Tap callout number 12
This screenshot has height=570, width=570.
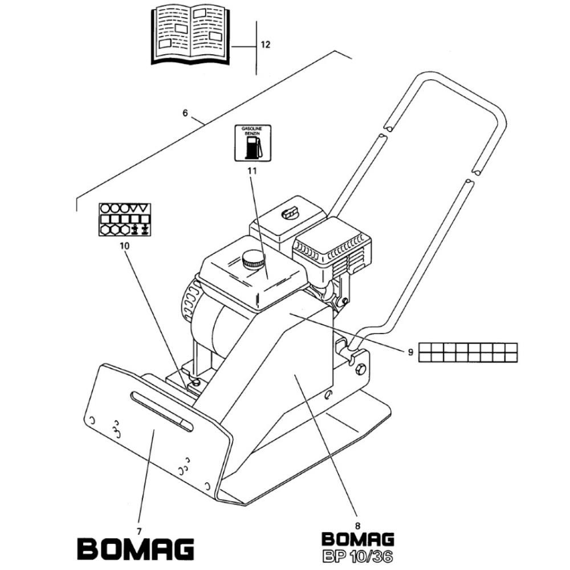(x=266, y=44)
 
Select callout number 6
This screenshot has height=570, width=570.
(x=185, y=113)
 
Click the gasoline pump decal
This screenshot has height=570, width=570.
(x=250, y=142)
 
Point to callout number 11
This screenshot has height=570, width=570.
(x=251, y=170)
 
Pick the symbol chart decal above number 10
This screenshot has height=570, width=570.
(x=124, y=219)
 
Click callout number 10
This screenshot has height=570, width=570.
(x=125, y=246)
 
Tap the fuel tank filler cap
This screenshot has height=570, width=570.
(x=253, y=261)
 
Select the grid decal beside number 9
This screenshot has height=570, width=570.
(x=468, y=352)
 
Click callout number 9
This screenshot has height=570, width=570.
(x=410, y=352)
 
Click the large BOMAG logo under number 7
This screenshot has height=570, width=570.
(x=136, y=548)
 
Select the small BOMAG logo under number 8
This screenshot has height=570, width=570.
(x=357, y=539)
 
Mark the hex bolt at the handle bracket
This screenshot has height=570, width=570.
(x=360, y=371)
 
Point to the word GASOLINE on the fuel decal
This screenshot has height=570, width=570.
(x=250, y=129)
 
